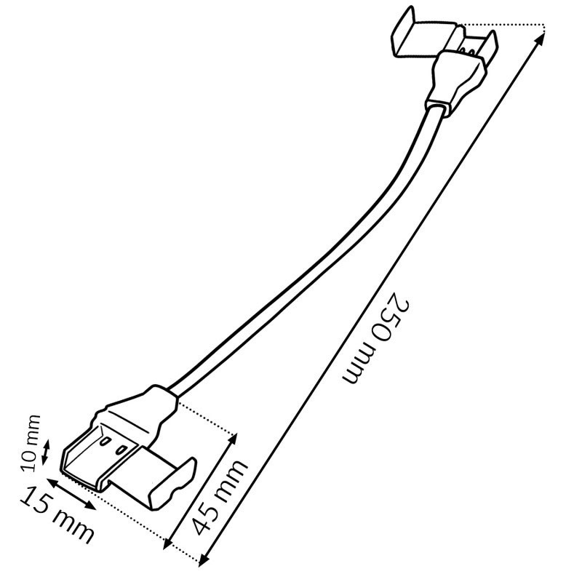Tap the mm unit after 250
coord(359,364)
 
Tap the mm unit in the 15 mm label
coord(73,526)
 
